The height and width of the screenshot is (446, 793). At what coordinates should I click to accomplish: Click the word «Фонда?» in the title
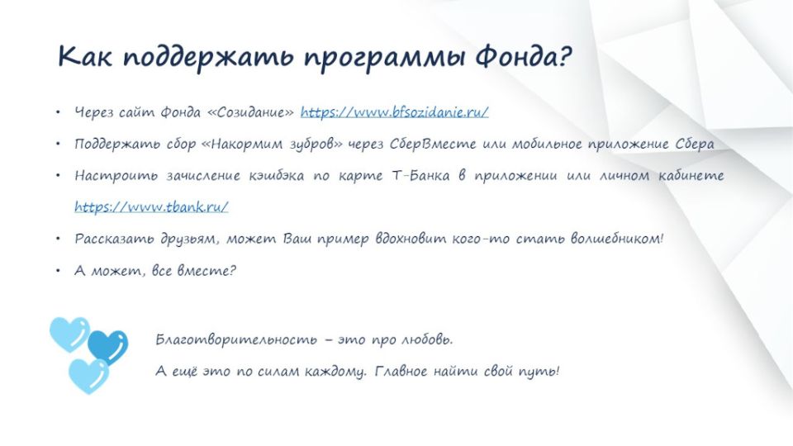coord(523,56)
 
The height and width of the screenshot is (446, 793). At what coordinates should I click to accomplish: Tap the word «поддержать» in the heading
coord(208,58)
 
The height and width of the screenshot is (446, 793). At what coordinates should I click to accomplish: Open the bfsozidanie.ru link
coord(395,111)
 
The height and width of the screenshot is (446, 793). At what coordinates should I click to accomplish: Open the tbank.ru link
coord(151,206)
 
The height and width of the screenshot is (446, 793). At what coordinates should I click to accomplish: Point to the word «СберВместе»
coord(432,144)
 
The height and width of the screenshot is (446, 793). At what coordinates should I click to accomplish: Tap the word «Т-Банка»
coord(420,175)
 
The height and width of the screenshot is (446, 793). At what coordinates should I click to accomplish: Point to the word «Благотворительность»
coord(236,339)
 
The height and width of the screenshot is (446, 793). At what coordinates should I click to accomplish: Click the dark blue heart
coord(107,347)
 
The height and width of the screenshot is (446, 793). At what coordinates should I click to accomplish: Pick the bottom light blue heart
coord(88,376)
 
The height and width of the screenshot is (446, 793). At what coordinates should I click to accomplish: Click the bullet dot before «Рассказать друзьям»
coord(58,238)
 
